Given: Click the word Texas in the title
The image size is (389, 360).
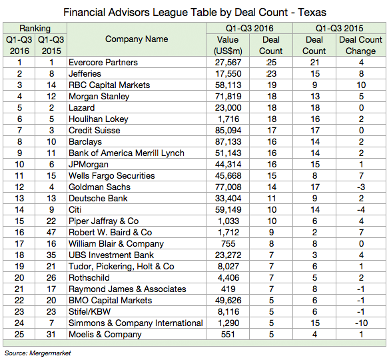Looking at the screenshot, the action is pos(312,12).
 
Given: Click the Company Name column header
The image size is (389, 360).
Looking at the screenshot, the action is pos(137,39).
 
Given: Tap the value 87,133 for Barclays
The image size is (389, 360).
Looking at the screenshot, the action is pos(228,142).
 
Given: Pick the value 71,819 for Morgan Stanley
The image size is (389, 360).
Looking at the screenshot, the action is pos(228,96).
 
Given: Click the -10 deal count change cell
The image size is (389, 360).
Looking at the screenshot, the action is pos(361,323).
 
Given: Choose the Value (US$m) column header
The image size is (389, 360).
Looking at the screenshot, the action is pos(228,45).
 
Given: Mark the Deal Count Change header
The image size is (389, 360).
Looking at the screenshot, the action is pos(361,45).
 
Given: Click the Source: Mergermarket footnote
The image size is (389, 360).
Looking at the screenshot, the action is pos(38,353).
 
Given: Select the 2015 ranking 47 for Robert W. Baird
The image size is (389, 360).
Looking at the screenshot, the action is pos(51,233).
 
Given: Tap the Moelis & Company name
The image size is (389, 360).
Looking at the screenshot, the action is pos(105,335).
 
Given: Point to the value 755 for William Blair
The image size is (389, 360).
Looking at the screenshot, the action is pos(228,244).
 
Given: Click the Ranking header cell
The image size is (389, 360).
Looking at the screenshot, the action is pos(35,28).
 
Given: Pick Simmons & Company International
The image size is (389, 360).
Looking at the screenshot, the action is pos(136,323).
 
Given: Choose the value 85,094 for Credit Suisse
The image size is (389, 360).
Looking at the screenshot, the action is pos(228,131).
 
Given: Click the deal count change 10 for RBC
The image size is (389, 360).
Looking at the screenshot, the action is pos(361,85).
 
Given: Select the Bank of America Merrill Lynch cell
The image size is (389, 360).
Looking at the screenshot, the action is pos(127,153).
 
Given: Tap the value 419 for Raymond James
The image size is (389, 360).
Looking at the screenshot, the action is pos(228,289).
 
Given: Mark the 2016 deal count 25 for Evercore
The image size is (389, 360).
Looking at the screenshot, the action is pos(271,62).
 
